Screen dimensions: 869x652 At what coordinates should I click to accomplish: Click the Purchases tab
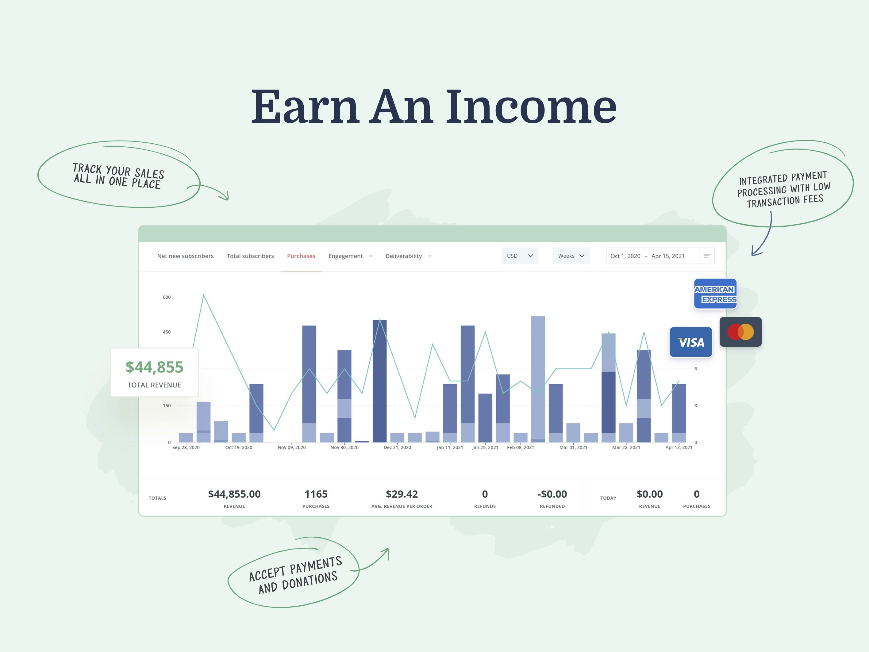[301, 256]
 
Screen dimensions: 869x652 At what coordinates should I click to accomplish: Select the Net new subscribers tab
[186, 256]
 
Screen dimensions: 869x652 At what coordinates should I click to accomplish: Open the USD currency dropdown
[520, 256]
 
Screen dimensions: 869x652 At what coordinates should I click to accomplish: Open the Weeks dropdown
[571, 256]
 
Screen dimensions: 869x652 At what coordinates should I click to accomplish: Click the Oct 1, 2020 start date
[625, 256]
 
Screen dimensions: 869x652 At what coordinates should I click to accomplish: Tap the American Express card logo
[715, 294]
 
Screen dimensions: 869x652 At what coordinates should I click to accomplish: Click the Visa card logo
[691, 342]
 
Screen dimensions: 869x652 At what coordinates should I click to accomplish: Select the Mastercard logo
[740, 332]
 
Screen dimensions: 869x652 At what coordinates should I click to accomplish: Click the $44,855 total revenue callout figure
[154, 367]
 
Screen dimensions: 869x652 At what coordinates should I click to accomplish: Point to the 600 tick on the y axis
[167, 297]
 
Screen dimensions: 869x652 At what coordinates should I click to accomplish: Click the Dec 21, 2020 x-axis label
[397, 447]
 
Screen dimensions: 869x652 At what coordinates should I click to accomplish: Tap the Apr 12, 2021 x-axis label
[679, 447]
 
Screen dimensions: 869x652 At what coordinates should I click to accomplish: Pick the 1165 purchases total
[316, 494]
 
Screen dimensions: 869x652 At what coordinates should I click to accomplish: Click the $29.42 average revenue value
[402, 494]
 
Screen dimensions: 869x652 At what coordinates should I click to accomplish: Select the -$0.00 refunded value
[552, 494]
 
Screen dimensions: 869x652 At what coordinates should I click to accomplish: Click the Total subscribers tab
[250, 256]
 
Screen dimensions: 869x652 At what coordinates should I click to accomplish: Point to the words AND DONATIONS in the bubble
[298, 582]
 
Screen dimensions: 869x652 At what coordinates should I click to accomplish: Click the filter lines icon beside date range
[707, 256]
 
